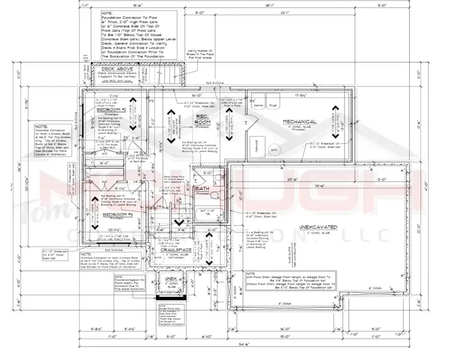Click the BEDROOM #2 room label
coord(110,110)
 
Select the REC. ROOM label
coord(202,118)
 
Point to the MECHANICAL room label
coord(300,122)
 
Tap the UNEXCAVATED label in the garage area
coord(318,227)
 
